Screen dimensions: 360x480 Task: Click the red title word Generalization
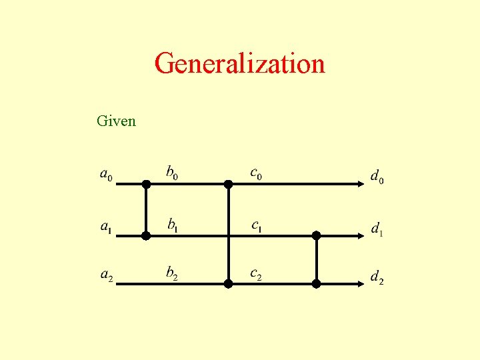point(239,64)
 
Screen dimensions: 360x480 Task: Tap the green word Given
point(116,121)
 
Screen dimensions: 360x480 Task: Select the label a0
point(106,175)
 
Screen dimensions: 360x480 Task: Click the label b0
point(172,173)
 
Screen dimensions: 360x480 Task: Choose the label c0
point(256,173)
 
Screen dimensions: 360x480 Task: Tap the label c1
point(256,226)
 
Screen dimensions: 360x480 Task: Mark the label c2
point(256,273)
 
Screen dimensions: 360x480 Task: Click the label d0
point(377,177)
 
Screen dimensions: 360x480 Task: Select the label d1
point(377,229)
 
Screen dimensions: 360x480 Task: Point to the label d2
point(377,277)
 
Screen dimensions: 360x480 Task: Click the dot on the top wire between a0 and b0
point(146,184)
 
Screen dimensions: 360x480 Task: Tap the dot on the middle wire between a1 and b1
point(146,235)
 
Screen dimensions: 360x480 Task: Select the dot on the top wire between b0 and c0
point(228,184)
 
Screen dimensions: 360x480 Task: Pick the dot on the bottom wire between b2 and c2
point(228,283)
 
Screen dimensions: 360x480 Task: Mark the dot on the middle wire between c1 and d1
point(316,235)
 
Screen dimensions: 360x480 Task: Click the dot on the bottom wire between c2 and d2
point(316,283)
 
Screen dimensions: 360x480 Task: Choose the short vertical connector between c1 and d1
point(316,259)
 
